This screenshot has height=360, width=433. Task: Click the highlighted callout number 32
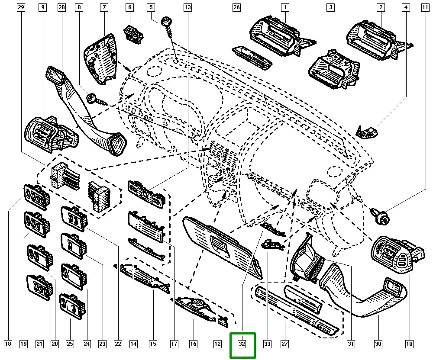[242, 344]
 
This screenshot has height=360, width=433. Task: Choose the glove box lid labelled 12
[221, 242]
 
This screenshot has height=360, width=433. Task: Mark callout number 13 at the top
[187, 7]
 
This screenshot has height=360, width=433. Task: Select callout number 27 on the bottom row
[284, 344]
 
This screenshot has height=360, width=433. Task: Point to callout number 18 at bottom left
[7, 344]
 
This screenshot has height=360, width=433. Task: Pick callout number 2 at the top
[381, 7]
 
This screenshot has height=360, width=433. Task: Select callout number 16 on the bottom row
[193, 344]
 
